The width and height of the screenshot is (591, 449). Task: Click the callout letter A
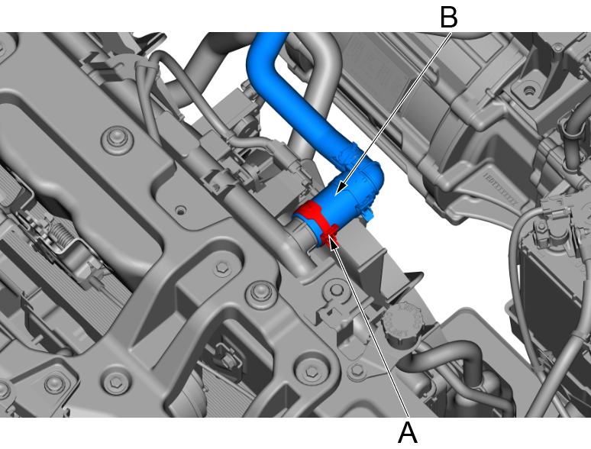(x=408, y=433)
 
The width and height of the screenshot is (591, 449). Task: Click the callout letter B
(x=449, y=18)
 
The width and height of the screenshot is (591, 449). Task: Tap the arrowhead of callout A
(x=332, y=242)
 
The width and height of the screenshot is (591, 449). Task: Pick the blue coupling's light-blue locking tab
(x=368, y=213)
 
